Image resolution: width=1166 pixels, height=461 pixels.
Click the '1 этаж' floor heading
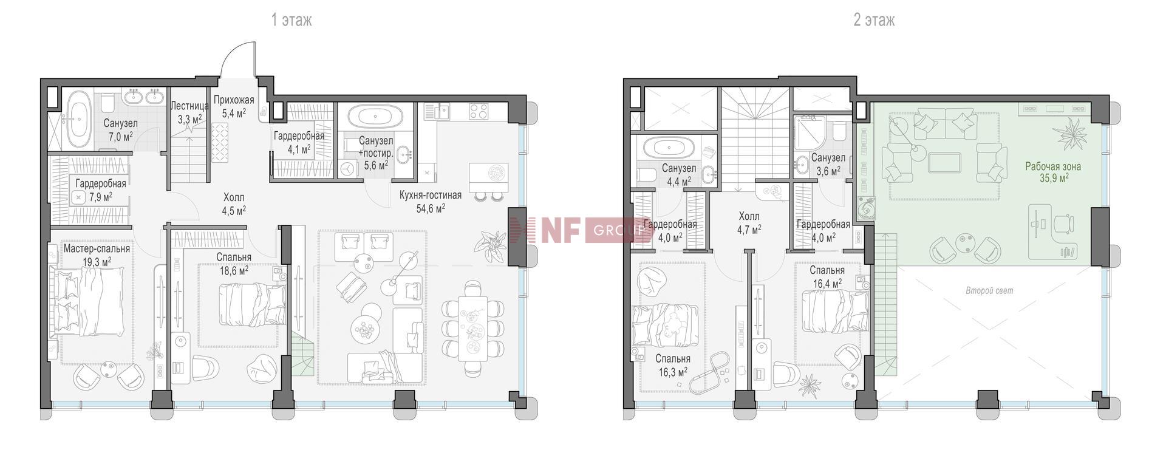[x=291, y=20]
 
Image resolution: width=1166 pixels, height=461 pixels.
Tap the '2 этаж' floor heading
[x=874, y=20]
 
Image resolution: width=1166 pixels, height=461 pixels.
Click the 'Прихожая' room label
[x=234, y=100]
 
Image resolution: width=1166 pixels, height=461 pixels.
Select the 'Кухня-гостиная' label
[x=431, y=195]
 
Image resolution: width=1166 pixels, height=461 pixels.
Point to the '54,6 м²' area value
[x=431, y=208]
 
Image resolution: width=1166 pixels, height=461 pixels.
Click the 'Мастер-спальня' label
[x=97, y=248]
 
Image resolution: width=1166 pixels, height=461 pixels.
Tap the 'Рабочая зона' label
[x=1053, y=166]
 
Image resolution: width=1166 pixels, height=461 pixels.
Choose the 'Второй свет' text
[x=989, y=290]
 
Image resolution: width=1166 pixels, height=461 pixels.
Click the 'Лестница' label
[x=189, y=106]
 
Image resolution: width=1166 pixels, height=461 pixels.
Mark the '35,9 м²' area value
[x=1054, y=178]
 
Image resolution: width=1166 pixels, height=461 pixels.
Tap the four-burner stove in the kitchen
[x=479, y=111]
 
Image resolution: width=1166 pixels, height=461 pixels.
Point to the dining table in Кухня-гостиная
[x=473, y=328]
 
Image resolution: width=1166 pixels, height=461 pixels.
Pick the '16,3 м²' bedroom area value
[x=673, y=372]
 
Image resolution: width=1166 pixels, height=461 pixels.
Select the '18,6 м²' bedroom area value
[x=234, y=270]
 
